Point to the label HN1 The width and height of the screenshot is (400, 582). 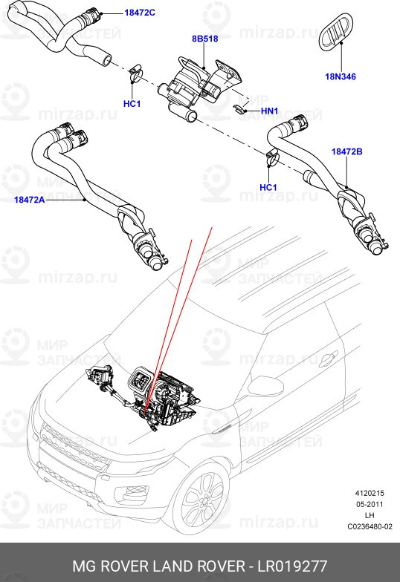pyautogui.click(x=268, y=111)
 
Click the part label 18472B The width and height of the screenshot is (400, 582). pyautogui.click(x=346, y=151)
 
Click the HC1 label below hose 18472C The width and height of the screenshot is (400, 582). pyautogui.click(x=132, y=103)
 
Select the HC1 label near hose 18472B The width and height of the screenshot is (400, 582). pyautogui.click(x=268, y=188)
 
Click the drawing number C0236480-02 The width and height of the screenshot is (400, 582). pyautogui.click(x=370, y=527)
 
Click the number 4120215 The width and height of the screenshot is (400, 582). pyautogui.click(x=370, y=491)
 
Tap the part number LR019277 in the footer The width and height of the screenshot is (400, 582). pyautogui.click(x=291, y=566)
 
